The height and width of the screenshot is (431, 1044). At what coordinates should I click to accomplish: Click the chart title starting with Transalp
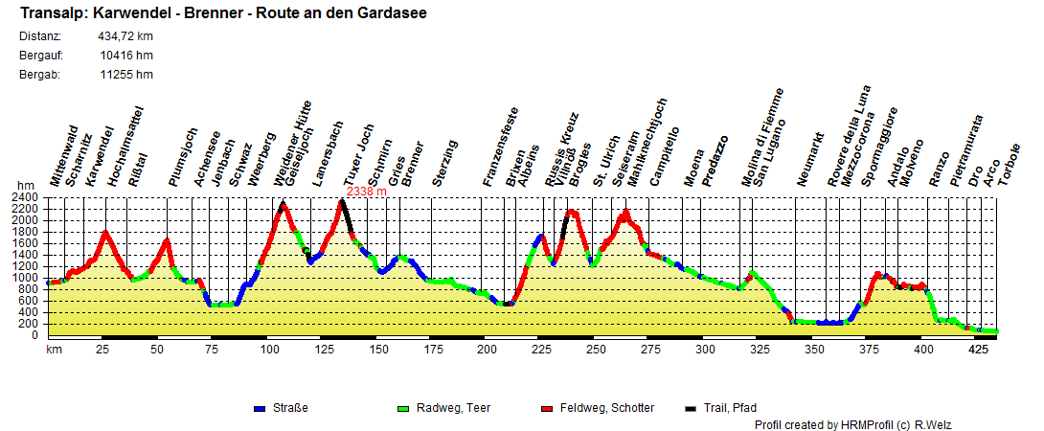tap(223, 13)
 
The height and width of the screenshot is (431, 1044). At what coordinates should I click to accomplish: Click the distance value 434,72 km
tap(125, 36)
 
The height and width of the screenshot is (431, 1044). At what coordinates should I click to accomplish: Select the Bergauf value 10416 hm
tap(125, 56)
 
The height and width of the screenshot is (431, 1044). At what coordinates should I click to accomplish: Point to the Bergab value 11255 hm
tap(125, 75)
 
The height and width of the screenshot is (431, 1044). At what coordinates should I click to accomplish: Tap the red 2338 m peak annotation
tap(366, 192)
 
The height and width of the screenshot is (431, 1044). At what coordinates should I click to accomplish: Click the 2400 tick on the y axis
tap(26, 197)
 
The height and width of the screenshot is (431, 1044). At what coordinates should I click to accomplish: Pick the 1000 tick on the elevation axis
tap(26, 278)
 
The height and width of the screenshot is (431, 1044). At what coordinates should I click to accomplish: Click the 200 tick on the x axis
tap(488, 350)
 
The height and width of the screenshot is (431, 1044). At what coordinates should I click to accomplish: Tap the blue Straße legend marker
tap(259, 409)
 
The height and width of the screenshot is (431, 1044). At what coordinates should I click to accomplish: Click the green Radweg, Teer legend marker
tap(402, 409)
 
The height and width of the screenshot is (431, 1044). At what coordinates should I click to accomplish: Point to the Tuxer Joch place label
tap(359, 154)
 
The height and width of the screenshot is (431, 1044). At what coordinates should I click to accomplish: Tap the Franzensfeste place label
tap(500, 147)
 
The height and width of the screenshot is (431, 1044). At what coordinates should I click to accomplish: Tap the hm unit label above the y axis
tap(25, 186)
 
